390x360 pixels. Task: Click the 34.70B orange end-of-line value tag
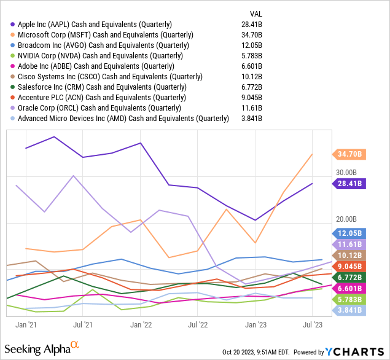point(348,154)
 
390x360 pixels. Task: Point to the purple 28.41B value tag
point(348,183)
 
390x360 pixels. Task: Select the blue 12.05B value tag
point(348,233)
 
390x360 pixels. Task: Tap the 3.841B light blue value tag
point(348,311)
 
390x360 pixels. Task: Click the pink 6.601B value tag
point(348,289)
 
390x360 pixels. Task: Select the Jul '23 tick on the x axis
point(314,324)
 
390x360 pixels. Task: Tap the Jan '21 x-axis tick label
point(25,324)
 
